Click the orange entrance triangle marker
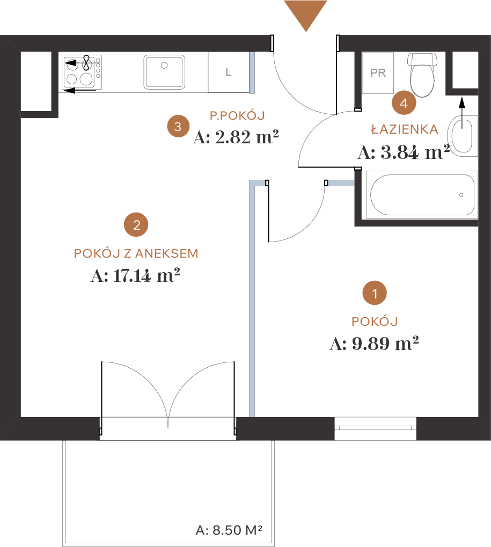click(305, 14)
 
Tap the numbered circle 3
click(178, 126)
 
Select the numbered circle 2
click(136, 225)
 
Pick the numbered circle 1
click(375, 293)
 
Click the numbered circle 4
click(404, 103)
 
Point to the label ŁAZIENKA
click(405, 129)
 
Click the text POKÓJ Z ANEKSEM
click(136, 253)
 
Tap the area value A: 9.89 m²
click(374, 343)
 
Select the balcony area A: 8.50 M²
click(229, 530)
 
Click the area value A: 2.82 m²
click(236, 137)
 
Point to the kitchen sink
click(164, 72)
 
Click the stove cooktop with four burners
click(82, 72)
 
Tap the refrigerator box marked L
click(229, 72)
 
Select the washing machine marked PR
click(378, 73)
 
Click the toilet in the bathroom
click(422, 75)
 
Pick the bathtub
click(422, 195)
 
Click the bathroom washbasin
click(463, 135)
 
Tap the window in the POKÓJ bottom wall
click(375, 428)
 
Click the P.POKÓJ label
click(237, 115)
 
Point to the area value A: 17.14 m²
click(135, 275)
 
